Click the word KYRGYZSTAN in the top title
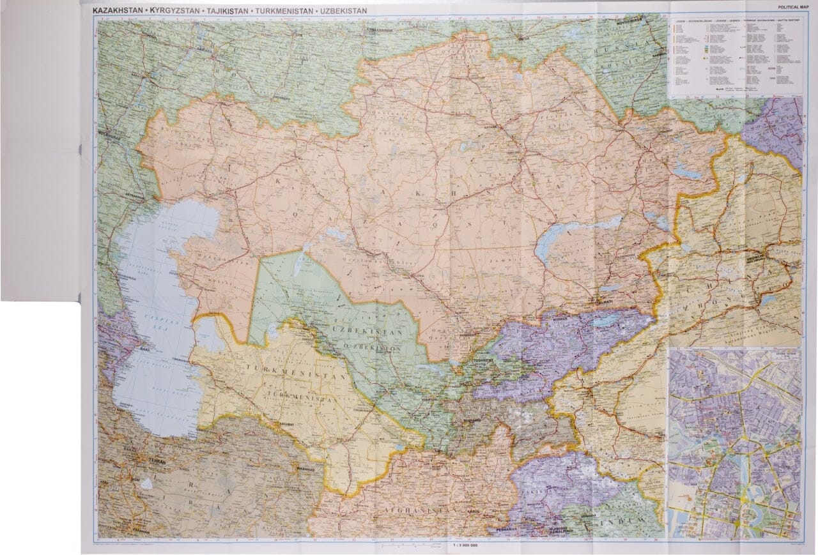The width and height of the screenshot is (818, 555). pos(173,11)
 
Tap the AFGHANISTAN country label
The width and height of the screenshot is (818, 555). pos(415,511)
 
